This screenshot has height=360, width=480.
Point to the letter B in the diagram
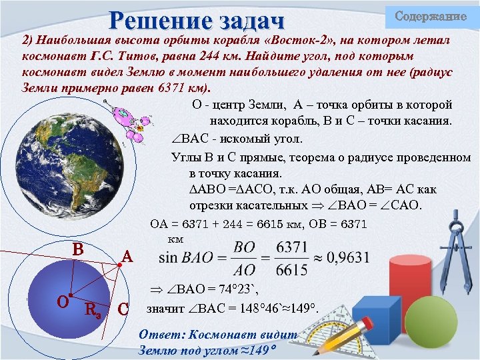[x=78, y=249]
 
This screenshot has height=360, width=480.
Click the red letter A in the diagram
[x=127, y=255]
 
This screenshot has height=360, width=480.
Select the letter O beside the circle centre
[x=63, y=301]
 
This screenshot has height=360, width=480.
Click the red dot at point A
[x=119, y=265]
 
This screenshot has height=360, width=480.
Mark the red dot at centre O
[x=71, y=294]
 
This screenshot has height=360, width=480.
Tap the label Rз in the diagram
[x=93, y=308]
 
